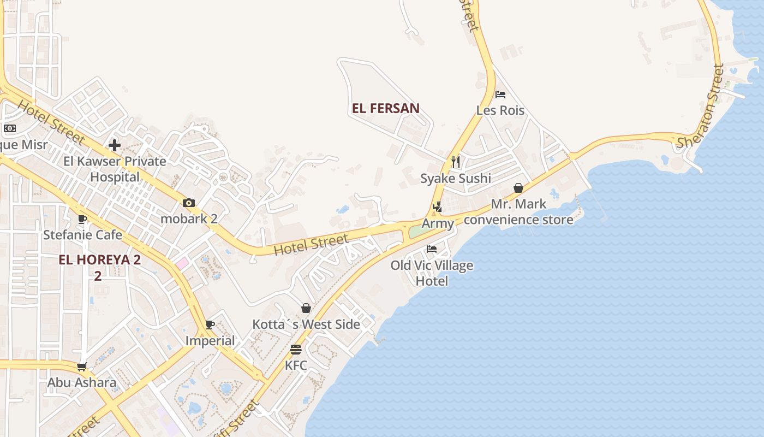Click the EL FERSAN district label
click(x=386, y=108)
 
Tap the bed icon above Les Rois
click(x=500, y=94)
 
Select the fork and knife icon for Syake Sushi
click(x=456, y=162)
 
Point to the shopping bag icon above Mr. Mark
click(x=518, y=188)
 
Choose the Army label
click(x=438, y=223)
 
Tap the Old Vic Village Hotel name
click(x=432, y=273)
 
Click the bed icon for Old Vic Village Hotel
click(x=432, y=249)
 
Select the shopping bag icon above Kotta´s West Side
click(x=306, y=308)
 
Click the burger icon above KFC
click(x=296, y=349)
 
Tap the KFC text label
click(x=296, y=365)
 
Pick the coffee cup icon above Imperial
click(x=210, y=324)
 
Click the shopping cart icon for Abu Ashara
click(x=82, y=367)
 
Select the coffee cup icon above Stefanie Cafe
click(x=82, y=219)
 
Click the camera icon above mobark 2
click(x=189, y=203)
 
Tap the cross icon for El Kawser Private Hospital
click(x=115, y=145)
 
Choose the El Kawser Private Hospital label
click(x=115, y=169)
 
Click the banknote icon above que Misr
click(x=10, y=128)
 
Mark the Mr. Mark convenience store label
click(x=518, y=212)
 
